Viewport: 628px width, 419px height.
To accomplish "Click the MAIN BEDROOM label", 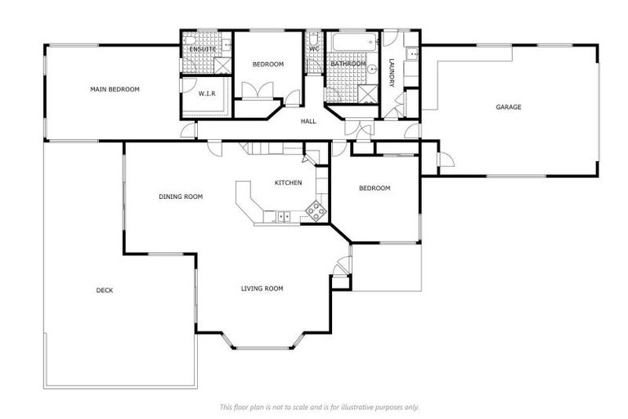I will click(x=114, y=89).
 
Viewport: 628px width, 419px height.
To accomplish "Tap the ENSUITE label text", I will click(x=202, y=50).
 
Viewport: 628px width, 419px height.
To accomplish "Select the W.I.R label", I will click(x=206, y=93).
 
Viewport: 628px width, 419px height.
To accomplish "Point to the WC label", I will click(x=314, y=49).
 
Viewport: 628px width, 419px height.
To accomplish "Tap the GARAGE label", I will click(x=508, y=107).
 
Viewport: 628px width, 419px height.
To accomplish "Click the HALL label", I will click(x=308, y=121).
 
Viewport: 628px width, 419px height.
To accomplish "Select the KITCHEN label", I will click(x=289, y=182).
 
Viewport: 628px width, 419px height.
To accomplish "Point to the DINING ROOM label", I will click(x=181, y=196).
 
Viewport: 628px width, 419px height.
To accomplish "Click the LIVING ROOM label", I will click(x=262, y=288).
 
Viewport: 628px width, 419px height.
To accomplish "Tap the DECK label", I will click(x=105, y=290).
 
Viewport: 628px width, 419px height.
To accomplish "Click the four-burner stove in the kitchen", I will click(x=315, y=211).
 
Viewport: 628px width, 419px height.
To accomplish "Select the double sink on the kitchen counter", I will click(x=283, y=216).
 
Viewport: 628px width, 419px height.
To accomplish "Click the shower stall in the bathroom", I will click(x=370, y=92).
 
